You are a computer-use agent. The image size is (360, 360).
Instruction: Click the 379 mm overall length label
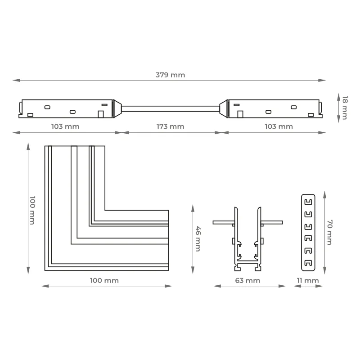[170, 75]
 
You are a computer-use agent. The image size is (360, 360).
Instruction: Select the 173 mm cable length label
[170, 126]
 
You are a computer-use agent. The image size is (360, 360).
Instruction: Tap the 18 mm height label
[345, 108]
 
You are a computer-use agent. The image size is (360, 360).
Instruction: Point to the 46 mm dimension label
[198, 239]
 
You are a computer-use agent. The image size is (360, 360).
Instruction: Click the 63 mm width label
[247, 280]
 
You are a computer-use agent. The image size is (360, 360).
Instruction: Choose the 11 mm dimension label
[308, 280]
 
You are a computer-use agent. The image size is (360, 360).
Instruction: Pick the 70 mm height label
[329, 232]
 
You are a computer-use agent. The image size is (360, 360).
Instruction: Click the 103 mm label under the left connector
[65, 126]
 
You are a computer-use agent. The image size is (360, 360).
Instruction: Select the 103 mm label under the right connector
[279, 126]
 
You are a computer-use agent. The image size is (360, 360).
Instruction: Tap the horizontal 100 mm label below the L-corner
[104, 280]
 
